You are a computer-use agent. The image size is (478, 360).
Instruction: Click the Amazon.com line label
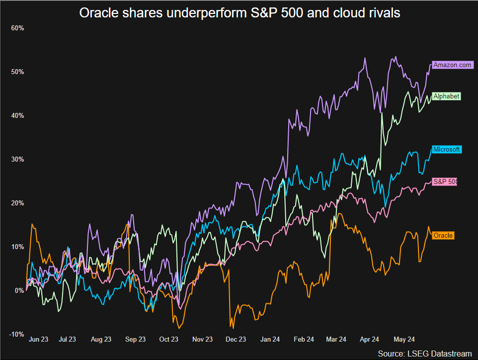452,65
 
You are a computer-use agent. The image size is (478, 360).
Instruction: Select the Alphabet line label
446,96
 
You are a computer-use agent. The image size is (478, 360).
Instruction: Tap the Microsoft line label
446,150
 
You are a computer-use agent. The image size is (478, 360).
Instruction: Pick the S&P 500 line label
445,181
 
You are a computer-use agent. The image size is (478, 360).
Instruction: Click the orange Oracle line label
443,235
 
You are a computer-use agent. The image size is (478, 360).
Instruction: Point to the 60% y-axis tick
17,28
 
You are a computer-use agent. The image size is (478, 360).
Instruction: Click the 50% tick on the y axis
17,72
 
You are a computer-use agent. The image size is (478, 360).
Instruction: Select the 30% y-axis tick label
17,159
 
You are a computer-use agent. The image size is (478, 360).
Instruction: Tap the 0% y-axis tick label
19,290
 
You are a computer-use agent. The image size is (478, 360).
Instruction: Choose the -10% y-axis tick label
16,334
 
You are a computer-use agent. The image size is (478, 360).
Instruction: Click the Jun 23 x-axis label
39,340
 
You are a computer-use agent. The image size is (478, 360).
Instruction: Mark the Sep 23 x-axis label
135,340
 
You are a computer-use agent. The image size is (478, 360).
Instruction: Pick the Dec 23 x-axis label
236,340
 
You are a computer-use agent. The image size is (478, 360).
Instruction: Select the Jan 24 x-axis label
269,340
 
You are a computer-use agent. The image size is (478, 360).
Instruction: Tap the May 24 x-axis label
404,340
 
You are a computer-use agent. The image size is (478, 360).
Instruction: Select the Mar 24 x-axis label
336,340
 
